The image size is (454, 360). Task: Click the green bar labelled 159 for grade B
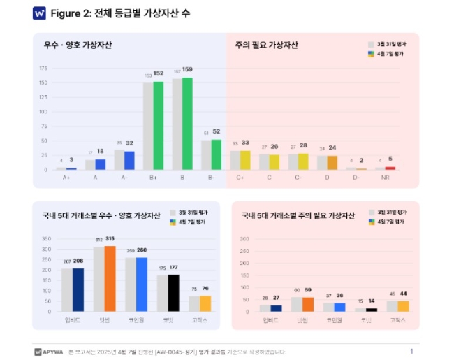[187, 124]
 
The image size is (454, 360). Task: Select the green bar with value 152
[159, 126]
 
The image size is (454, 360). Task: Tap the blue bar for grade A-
[129, 161]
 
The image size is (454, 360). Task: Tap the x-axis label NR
[385, 178]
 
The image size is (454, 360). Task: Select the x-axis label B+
[153, 178]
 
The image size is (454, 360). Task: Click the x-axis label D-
[356, 178]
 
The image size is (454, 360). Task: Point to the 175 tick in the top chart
[43, 69]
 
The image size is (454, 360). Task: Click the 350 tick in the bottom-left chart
[47, 238]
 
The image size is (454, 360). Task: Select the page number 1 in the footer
[411, 351]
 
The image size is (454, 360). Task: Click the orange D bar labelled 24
[332, 163]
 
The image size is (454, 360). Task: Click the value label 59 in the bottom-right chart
[308, 289]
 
